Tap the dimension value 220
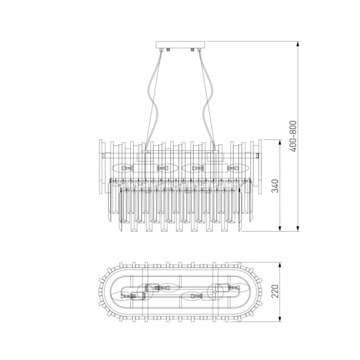[274, 293]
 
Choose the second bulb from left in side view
[163, 167]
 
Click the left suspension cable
[153, 98]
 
